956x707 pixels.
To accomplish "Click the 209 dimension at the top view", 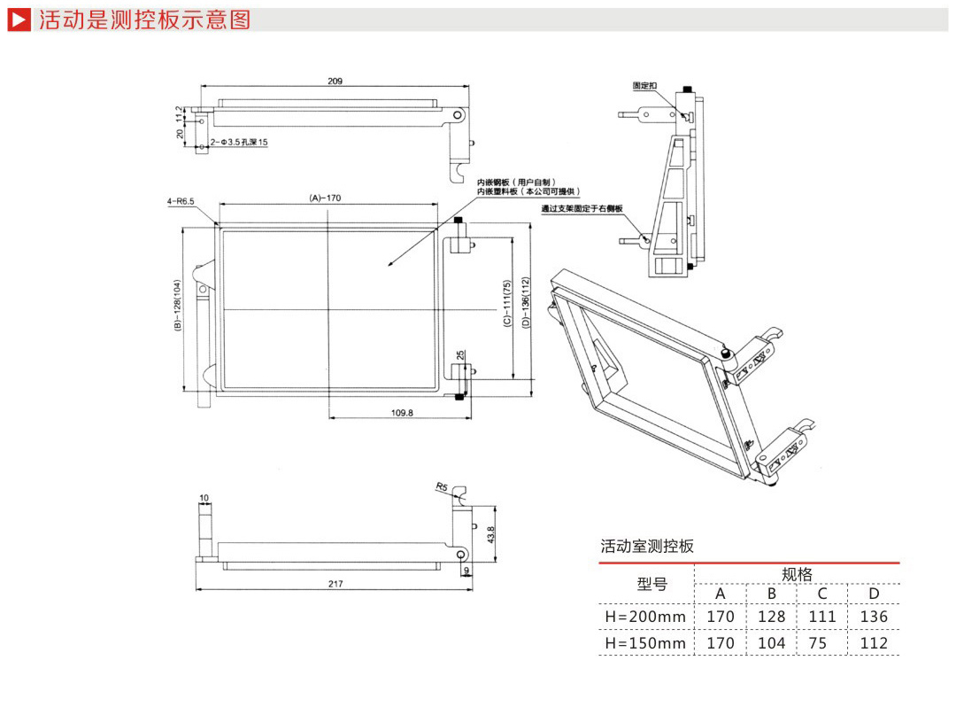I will tap(335, 81).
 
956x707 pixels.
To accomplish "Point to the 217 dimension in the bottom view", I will tap(334, 583).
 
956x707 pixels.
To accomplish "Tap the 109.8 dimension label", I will tap(402, 412).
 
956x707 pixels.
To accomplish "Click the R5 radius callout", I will tap(442, 486).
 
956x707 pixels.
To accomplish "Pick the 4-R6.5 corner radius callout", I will tap(181, 201).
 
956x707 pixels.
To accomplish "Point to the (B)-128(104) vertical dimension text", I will tap(177, 307).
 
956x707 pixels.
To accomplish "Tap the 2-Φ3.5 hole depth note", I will tap(239, 142).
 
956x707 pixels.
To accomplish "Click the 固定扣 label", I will tap(644, 86).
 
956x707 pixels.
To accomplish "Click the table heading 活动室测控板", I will tap(647, 547).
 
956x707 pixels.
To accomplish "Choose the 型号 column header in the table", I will tap(652, 585).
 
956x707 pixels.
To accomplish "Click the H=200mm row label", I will tap(645, 617).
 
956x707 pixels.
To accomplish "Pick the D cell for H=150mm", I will tap(874, 643).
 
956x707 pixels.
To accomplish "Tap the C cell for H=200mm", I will tap(822, 617).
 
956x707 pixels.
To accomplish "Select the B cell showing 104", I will tap(771, 643).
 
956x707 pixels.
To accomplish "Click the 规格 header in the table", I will tap(797, 574).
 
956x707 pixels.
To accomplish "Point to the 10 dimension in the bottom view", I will tap(204, 498).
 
